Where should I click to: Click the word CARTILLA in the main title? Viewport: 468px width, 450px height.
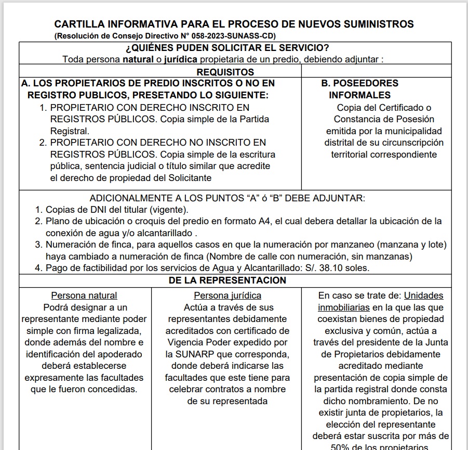click(81, 24)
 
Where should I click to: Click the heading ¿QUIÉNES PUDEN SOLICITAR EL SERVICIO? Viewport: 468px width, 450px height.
click(227, 48)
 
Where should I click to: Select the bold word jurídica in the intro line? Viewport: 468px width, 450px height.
click(181, 59)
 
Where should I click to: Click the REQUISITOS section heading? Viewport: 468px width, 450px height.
click(225, 72)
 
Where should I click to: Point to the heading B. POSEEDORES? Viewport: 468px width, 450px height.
click(359, 83)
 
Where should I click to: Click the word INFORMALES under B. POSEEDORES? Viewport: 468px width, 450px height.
click(359, 95)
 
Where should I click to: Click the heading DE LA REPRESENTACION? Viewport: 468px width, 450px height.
click(227, 280)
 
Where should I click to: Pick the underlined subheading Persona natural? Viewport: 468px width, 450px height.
click(84, 295)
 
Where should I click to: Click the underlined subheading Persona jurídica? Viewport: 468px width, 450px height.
click(228, 295)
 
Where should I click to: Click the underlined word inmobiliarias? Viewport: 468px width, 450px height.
click(344, 307)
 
